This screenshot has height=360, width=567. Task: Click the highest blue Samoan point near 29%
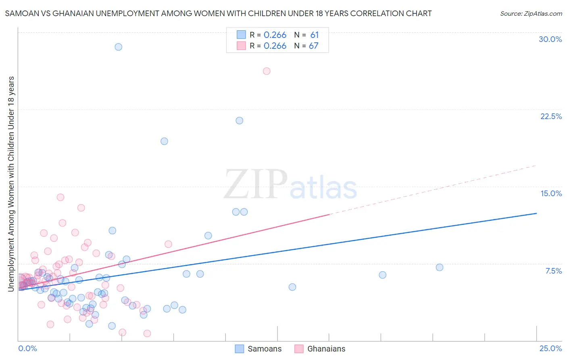coord(118,47)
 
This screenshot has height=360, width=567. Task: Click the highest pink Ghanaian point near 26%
coord(267,71)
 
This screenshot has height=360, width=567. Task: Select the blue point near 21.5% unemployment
coord(239,121)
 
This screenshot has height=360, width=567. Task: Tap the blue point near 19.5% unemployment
coord(164,141)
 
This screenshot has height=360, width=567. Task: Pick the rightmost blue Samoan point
coord(440,267)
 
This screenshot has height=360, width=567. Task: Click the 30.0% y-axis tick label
coord(550,39)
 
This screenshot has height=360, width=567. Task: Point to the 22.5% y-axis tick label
coord(551,116)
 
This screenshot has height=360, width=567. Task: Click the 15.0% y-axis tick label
coord(551,193)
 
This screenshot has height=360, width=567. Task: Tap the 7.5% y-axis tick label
coord(553,271)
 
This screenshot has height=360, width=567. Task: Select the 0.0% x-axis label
coord(27,349)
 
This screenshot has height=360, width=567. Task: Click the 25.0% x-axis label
coord(550,349)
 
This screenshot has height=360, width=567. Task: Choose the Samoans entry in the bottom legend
coord(264,349)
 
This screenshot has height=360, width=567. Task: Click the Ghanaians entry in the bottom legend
coord(326,349)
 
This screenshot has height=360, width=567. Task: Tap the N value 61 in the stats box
coord(315,35)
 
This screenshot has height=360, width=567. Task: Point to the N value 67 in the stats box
coord(314,46)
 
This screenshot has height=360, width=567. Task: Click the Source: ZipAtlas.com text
coord(531,14)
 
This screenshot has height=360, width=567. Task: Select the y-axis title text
coord(11,184)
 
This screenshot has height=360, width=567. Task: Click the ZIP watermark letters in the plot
coord(256,184)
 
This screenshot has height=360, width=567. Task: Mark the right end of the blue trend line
coord(536,213)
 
